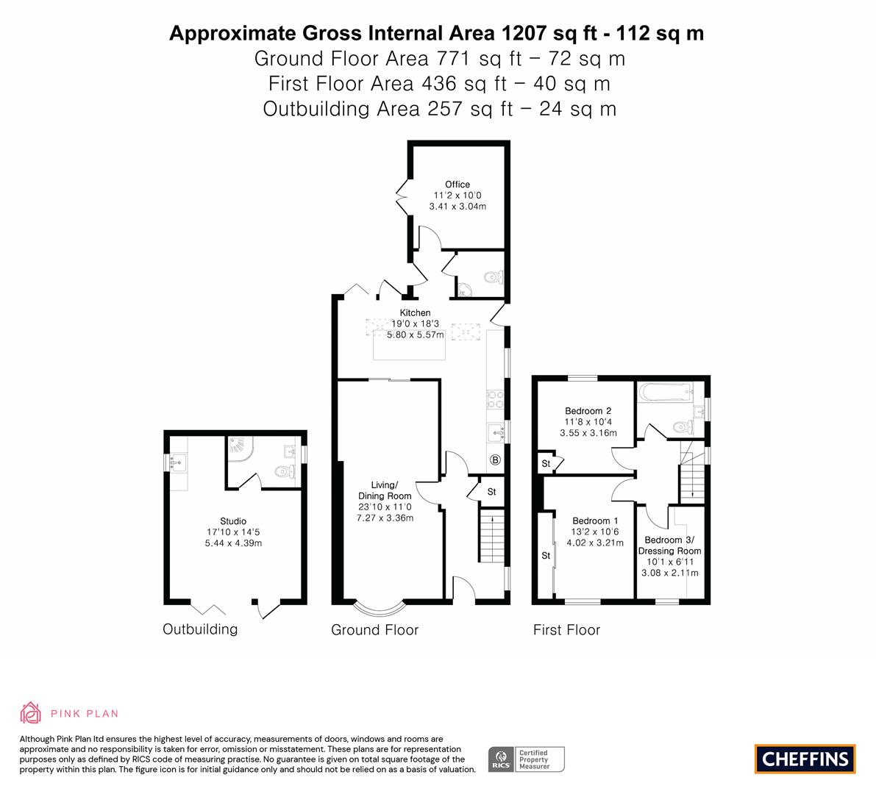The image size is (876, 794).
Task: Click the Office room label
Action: [457, 185]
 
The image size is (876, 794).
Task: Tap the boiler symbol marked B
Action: [495, 460]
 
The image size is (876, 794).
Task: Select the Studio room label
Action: [233, 521]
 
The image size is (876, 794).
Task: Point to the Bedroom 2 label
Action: [588, 411]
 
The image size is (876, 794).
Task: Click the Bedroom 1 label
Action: [595, 521]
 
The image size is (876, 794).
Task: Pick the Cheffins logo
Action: [805, 759]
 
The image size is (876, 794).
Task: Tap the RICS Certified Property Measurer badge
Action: [527, 759]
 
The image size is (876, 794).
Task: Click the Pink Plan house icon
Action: [30, 713]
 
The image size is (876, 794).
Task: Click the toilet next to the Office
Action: [494, 276]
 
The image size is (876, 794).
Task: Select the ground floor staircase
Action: [491, 535]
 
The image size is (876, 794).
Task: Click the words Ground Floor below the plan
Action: [375, 630]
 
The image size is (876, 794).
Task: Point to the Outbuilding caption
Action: [200, 629]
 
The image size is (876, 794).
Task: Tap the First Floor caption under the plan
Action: [566, 630]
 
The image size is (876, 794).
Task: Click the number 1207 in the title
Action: [524, 34]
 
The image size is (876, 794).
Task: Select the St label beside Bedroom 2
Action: [546, 463]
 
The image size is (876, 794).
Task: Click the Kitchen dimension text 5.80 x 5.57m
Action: [416, 335]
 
